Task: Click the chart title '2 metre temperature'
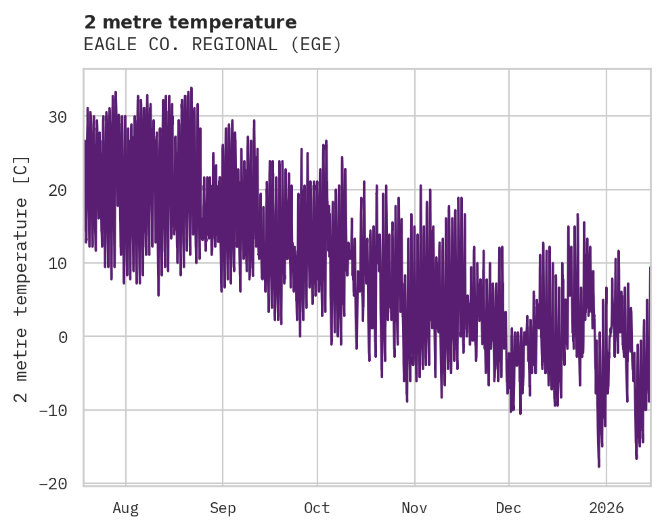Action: click(190, 22)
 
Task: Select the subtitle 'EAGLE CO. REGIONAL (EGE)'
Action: click(213, 45)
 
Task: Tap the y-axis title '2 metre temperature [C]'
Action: click(22, 279)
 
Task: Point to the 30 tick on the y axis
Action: click(57, 117)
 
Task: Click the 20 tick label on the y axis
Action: click(57, 190)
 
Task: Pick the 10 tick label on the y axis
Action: click(57, 263)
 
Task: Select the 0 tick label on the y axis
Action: click(62, 337)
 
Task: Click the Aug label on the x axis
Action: click(126, 508)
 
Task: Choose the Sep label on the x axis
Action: click(223, 508)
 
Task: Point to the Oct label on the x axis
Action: click(317, 508)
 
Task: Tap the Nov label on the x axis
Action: click(414, 508)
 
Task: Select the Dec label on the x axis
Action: click(508, 508)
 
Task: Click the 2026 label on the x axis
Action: click(606, 508)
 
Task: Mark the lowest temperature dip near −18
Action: click(599, 466)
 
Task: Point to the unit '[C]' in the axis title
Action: click(22, 170)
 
